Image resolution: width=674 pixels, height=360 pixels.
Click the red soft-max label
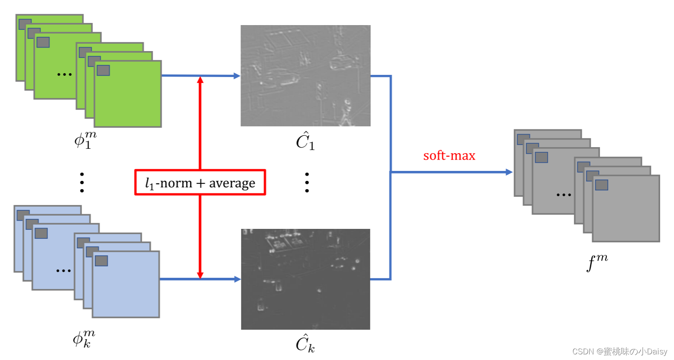click(x=449, y=155)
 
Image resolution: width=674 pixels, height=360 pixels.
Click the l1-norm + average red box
click(x=200, y=183)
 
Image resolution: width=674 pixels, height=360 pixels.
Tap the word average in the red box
click(x=232, y=183)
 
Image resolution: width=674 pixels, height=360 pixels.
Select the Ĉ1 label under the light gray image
click(x=305, y=141)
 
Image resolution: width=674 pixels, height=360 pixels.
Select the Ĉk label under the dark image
click(x=305, y=344)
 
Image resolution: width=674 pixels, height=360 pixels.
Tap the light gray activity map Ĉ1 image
click(x=305, y=76)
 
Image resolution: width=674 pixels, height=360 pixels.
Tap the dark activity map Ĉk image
click(x=305, y=279)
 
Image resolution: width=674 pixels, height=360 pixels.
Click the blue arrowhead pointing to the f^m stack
click(x=509, y=172)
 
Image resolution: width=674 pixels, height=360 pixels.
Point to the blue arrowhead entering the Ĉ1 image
click(x=237, y=76)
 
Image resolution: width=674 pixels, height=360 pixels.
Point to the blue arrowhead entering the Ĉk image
click(x=237, y=279)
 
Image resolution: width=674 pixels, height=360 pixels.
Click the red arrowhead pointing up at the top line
click(x=200, y=80)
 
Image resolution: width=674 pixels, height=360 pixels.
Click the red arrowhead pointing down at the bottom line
click(x=200, y=275)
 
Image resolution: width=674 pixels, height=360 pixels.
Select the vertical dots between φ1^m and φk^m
click(x=82, y=182)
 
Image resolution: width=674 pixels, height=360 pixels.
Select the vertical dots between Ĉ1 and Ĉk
click(x=307, y=182)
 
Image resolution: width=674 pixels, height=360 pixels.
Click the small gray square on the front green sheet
click(x=103, y=70)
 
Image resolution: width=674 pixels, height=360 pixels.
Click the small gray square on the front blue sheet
click(x=101, y=260)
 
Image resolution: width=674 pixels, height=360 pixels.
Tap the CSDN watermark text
click(x=619, y=351)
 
